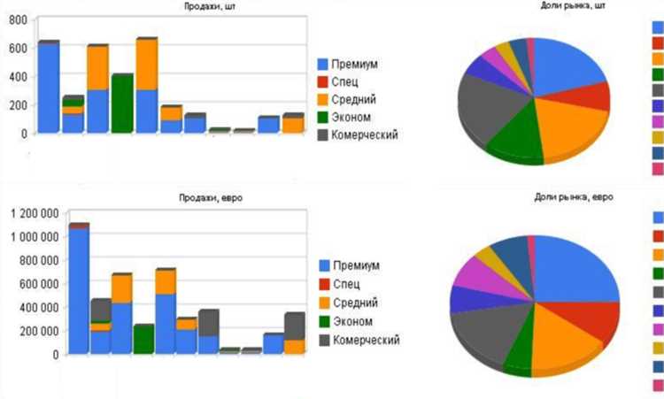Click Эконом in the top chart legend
351,117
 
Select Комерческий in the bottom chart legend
366,340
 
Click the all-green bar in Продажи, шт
122,104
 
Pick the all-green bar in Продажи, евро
143,340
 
